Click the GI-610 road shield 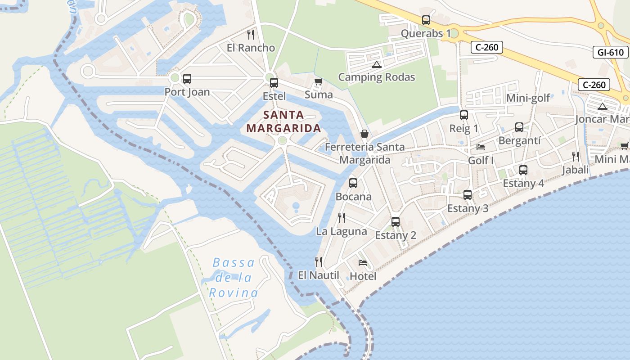[611, 52]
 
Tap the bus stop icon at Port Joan [187, 79]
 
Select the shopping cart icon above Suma [318, 82]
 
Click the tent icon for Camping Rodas [377, 64]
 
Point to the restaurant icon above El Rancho [251, 35]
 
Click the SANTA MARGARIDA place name [283, 121]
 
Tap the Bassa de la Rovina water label [234, 278]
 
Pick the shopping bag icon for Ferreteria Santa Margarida [364, 134]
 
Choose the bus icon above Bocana [353, 183]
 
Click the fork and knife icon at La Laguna [342, 218]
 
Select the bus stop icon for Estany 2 [396, 222]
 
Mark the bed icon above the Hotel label [363, 263]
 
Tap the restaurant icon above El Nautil [319, 262]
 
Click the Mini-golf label [528, 98]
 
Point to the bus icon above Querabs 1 [426, 20]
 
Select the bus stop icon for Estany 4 [523, 170]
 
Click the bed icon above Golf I [481, 147]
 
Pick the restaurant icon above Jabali [576, 157]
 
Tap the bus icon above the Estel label [274, 83]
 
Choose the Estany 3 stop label [468, 208]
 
